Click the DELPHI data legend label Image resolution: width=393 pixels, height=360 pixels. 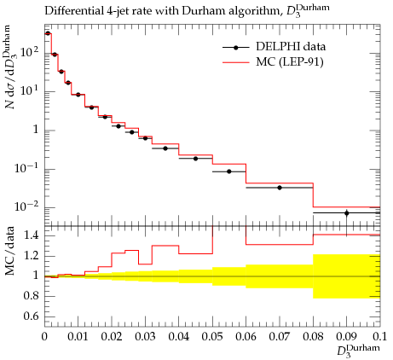291,47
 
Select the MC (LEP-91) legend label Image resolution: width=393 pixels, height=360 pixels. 290,61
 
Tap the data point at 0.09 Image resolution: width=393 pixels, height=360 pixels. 347,213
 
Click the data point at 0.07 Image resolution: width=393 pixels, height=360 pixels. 280,188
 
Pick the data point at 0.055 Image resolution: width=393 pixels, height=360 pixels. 229,171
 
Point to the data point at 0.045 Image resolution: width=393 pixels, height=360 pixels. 195,159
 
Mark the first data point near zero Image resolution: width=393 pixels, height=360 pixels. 48,33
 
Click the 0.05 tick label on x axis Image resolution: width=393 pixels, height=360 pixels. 212,337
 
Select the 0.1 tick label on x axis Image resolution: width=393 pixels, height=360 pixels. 379,337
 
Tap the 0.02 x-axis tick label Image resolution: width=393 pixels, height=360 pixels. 112,337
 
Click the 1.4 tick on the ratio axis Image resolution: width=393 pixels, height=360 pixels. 31,235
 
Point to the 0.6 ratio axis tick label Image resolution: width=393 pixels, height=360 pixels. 31,316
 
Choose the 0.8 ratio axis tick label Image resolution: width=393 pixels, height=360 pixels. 31,296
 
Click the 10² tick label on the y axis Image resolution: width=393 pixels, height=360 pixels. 30,52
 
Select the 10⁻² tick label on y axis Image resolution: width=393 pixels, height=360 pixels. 26,206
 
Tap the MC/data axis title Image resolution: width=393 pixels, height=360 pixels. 10,251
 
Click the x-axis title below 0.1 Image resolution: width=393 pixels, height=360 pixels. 358,351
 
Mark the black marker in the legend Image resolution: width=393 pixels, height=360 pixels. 235,48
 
